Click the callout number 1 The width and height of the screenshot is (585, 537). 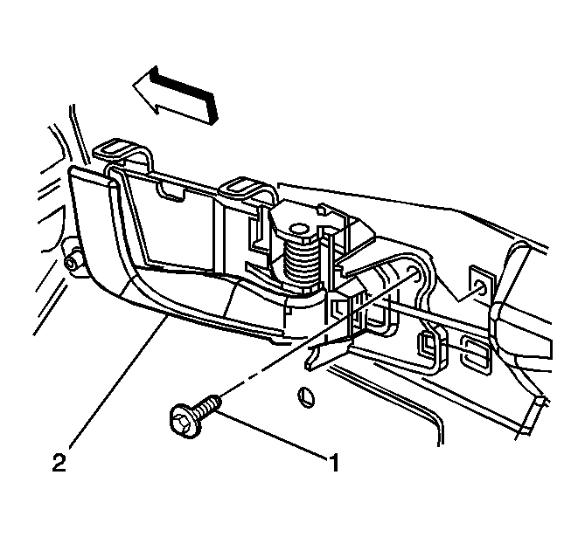pyautogui.click(x=334, y=462)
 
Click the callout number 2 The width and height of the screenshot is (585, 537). pyautogui.click(x=59, y=462)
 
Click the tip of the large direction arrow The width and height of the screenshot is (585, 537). pyautogui.click(x=134, y=85)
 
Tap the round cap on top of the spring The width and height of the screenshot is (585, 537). pyautogui.click(x=300, y=231)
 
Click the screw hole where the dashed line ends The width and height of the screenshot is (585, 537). pyautogui.click(x=413, y=272)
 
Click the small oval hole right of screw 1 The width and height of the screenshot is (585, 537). pyautogui.click(x=306, y=397)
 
